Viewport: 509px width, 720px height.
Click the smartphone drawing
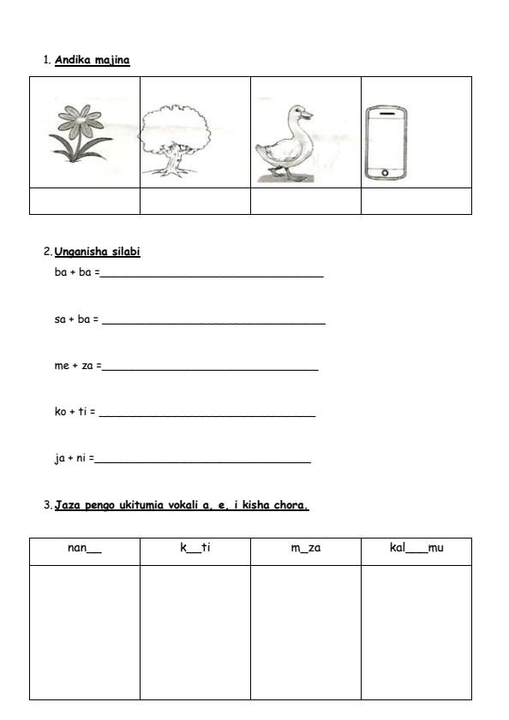pyautogui.click(x=385, y=143)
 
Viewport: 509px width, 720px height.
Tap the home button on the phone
pyautogui.click(x=385, y=173)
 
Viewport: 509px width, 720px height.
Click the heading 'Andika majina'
pyautogui.click(x=92, y=60)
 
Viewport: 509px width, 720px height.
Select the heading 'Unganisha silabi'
pyautogui.click(x=97, y=252)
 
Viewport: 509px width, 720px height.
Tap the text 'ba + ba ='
pyautogui.click(x=77, y=273)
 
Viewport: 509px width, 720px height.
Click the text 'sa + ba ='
pyautogui.click(x=76, y=319)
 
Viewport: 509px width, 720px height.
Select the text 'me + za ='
pyautogui.click(x=77, y=366)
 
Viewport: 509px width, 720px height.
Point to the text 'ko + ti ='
pyautogui.click(x=75, y=412)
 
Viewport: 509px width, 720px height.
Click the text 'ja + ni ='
pyautogui.click(x=74, y=458)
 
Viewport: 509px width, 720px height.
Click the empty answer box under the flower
pyautogui.click(x=84, y=200)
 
